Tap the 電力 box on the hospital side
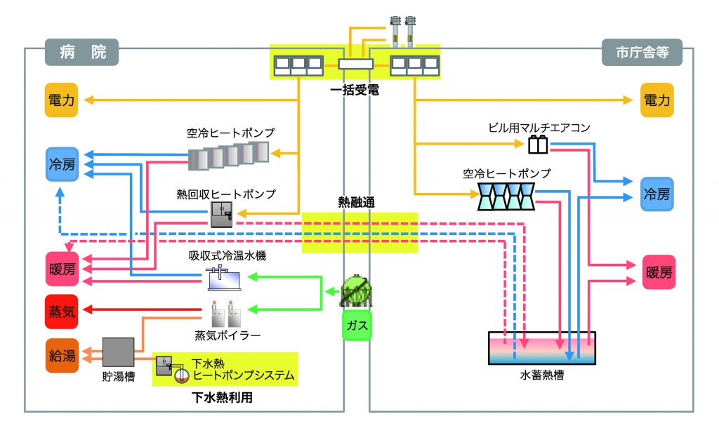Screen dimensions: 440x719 click(x=61, y=101)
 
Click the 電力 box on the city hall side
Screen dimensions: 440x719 click(x=658, y=101)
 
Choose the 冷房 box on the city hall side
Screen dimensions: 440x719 click(x=658, y=194)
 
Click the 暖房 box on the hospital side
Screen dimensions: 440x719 click(x=61, y=272)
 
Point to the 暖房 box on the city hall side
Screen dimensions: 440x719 click(x=658, y=272)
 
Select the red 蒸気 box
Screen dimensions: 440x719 click(x=61, y=312)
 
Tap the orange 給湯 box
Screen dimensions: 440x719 click(x=61, y=355)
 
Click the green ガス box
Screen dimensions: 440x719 click(x=357, y=326)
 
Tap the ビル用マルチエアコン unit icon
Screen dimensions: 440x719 click(x=539, y=145)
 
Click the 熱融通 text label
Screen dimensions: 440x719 click(x=357, y=201)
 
